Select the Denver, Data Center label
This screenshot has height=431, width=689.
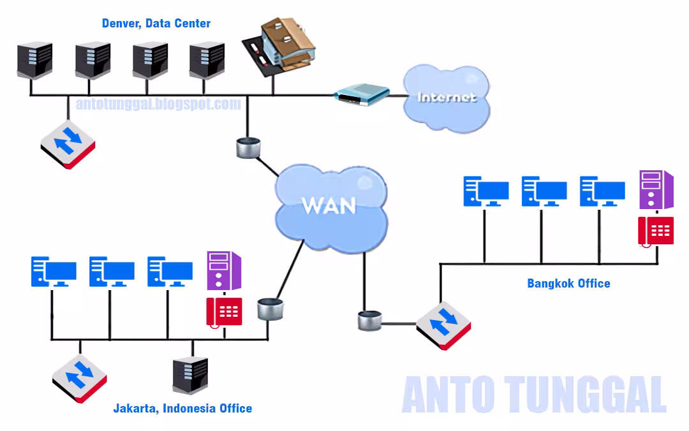click(x=156, y=24)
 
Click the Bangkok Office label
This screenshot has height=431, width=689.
click(x=568, y=283)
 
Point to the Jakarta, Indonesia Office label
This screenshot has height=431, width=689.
click(x=182, y=408)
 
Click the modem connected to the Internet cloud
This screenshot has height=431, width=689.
click(x=362, y=95)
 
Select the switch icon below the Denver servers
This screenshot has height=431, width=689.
click(x=68, y=143)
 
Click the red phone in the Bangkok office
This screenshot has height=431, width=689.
click(x=656, y=231)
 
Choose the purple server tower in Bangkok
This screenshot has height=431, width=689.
click(x=656, y=189)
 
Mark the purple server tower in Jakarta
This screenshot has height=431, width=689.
click(x=223, y=271)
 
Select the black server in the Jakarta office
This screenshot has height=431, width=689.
click(x=190, y=376)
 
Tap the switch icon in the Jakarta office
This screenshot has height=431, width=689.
click(x=80, y=379)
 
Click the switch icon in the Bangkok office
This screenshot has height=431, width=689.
click(x=443, y=325)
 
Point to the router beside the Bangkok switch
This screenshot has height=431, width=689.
click(x=369, y=321)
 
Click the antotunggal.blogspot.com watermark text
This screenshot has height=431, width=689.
click(x=158, y=104)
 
